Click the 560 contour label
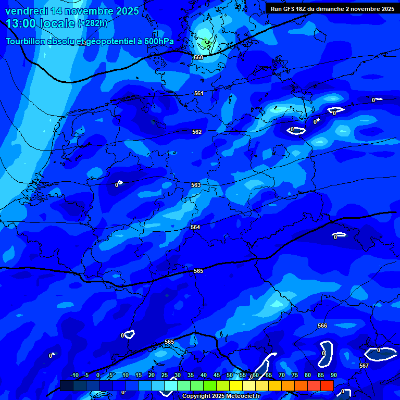pos(198,57)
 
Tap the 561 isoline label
pos(198,93)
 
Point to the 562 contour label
pos(197,132)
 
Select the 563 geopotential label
pos(196,185)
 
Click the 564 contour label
pos(195,227)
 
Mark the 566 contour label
pos(322,326)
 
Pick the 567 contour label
pos(364,366)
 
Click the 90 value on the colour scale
pos(333,375)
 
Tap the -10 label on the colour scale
pos(74,375)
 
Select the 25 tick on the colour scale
pos(165,375)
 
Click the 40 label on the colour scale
pos(204,375)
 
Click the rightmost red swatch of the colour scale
pos(327,385)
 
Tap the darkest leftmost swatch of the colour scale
pos(67,385)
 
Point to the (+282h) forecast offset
pos(93,23)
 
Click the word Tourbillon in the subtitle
pos(27,41)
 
